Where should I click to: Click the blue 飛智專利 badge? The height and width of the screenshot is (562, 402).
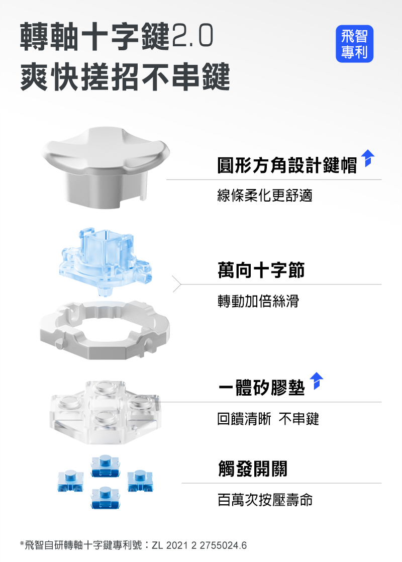[354, 44]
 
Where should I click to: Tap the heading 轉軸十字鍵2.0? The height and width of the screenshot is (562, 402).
[117, 36]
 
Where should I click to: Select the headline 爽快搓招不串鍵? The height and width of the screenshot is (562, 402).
[125, 76]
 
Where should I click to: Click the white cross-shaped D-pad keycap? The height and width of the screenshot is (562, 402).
[105, 167]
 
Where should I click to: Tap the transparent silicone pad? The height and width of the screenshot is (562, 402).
[105, 412]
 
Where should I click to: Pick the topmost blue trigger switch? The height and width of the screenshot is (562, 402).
[106, 466]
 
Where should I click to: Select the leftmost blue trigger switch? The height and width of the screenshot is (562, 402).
[70, 481]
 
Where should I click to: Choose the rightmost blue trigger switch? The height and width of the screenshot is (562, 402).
[140, 481]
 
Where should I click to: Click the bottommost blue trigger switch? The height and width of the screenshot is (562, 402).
[106, 498]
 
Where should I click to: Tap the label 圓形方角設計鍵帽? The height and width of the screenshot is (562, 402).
[287, 165]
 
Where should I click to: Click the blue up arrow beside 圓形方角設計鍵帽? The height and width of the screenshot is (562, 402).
[368, 158]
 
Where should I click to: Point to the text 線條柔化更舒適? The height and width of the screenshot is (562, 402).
[265, 196]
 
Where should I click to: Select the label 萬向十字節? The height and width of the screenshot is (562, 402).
[261, 270]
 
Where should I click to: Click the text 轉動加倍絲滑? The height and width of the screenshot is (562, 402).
[258, 301]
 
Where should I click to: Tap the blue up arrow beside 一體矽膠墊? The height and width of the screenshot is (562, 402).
[317, 381]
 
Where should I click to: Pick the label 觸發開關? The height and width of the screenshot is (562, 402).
[253, 469]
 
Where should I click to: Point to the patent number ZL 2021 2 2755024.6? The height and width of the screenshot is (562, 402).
[199, 545]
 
